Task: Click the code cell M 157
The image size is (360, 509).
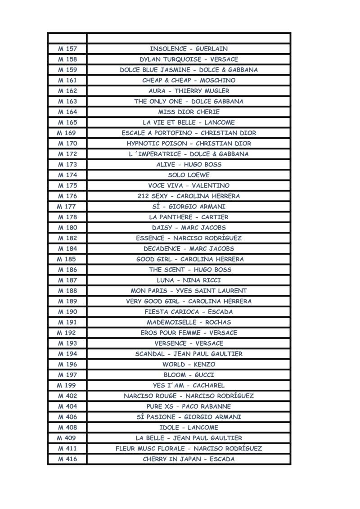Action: click(67, 49)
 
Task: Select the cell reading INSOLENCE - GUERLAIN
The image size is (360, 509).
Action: click(189, 49)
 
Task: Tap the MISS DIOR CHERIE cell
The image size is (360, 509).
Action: click(189, 112)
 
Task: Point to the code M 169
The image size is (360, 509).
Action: click(66, 133)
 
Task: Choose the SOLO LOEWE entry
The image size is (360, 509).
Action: click(189, 175)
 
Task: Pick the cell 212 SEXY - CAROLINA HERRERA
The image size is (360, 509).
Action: click(189, 196)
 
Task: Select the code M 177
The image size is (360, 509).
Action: click(66, 207)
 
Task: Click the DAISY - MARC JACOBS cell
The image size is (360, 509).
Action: click(189, 228)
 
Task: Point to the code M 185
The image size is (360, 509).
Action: click(66, 259)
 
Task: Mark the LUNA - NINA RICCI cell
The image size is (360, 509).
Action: click(189, 280)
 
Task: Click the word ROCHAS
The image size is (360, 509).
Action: click(218, 322)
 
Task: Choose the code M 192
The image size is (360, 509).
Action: click(66, 333)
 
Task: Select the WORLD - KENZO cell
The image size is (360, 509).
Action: click(189, 365)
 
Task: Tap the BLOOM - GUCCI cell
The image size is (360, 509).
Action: click(189, 375)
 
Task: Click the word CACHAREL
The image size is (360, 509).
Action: click(208, 386)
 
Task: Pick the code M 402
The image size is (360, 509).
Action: click(67, 396)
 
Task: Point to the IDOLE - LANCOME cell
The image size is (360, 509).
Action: click(189, 428)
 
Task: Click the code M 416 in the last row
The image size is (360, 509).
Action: click(67, 459)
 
